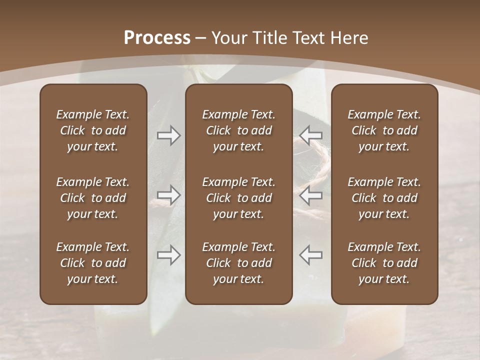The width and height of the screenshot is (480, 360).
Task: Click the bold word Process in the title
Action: click(x=157, y=38)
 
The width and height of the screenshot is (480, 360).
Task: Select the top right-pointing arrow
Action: click(x=168, y=135)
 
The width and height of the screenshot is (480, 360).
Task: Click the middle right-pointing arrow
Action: click(x=168, y=195)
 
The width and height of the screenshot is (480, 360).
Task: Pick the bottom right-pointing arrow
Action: click(x=168, y=255)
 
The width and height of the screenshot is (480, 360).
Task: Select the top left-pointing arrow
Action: click(x=310, y=135)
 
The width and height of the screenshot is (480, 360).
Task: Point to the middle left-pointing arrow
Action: click(x=310, y=195)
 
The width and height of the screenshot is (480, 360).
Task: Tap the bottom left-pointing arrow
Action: click(x=310, y=255)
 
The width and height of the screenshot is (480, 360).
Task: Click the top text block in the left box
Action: click(x=93, y=130)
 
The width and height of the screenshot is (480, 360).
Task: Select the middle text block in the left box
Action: click(x=93, y=198)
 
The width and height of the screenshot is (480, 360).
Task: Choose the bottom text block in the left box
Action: click(x=93, y=263)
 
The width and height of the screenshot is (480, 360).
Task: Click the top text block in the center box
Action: click(x=238, y=130)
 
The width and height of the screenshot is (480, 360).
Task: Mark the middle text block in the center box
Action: click(x=238, y=198)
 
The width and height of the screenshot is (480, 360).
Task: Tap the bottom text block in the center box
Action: click(x=238, y=263)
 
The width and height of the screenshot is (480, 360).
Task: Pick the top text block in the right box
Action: click(x=384, y=130)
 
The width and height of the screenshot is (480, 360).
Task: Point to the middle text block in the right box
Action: click(x=384, y=198)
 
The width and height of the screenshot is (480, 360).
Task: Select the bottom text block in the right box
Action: click(x=384, y=263)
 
